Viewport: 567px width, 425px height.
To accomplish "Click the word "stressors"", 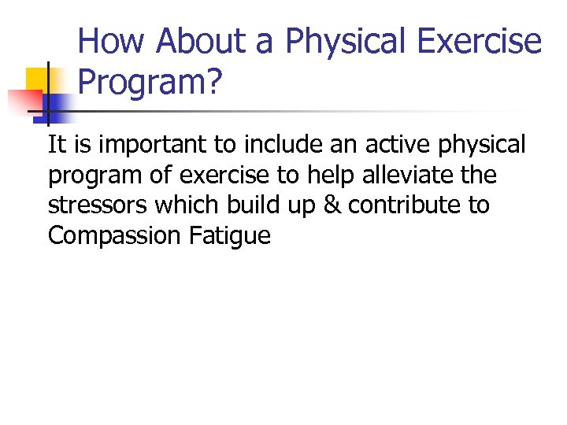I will click(x=98, y=206).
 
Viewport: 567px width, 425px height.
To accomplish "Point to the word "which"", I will click(x=189, y=205).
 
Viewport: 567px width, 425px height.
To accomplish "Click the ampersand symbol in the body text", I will click(x=333, y=205).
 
